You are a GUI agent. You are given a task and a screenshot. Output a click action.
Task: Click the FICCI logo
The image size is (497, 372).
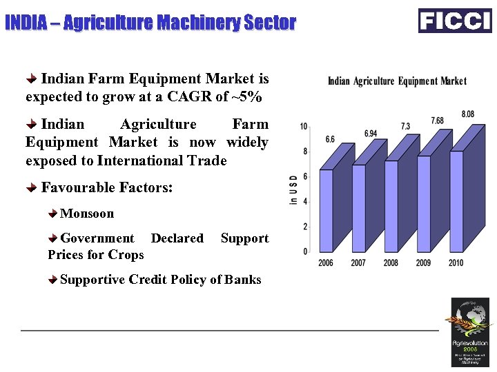(455, 21)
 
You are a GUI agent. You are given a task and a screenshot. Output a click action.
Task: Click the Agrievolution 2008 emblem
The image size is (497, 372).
(469, 331)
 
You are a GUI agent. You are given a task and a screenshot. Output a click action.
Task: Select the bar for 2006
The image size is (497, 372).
(326, 210)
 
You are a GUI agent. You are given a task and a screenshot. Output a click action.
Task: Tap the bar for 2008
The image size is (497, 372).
(391, 205)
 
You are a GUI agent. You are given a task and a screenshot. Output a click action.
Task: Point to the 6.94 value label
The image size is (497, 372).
(371, 133)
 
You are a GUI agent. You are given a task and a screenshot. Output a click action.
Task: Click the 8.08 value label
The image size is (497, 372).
(467, 114)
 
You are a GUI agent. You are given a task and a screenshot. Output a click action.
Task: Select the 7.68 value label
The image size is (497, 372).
(437, 121)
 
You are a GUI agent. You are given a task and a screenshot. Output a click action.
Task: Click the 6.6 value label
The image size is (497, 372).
(330, 139)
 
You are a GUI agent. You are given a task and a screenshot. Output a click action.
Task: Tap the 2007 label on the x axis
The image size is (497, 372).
(358, 263)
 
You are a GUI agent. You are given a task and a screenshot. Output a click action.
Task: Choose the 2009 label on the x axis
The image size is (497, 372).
(423, 263)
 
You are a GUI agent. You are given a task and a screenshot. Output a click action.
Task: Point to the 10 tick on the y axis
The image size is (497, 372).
(304, 127)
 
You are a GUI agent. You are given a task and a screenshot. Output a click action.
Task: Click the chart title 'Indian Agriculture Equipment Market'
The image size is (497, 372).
(397, 81)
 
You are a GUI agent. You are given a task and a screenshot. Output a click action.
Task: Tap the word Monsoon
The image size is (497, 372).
(87, 214)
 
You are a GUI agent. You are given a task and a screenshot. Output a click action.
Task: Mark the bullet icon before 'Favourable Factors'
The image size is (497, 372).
(32, 187)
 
